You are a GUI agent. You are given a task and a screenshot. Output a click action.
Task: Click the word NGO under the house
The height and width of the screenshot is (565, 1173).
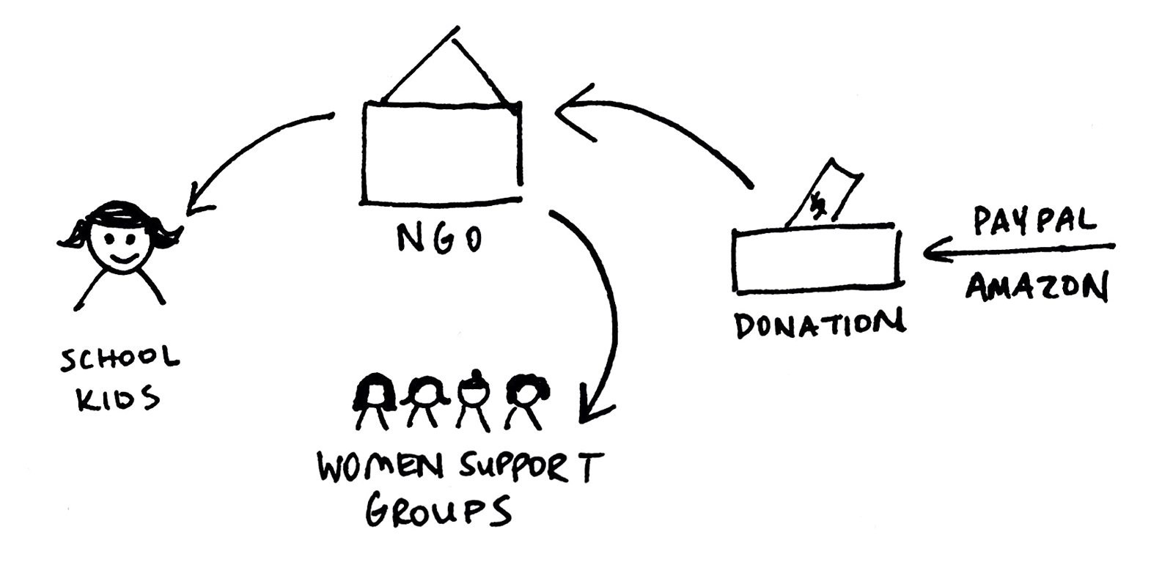[438, 238]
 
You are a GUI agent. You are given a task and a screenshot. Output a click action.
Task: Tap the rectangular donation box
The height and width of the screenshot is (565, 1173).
[816, 262]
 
